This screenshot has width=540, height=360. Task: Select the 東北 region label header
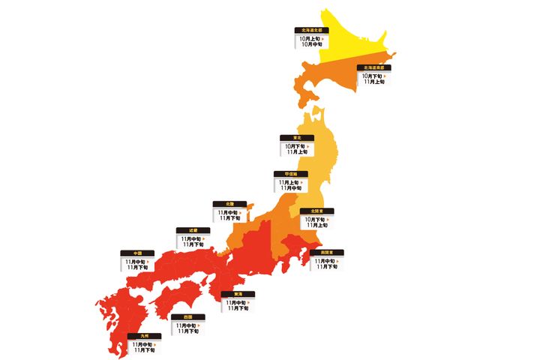pyautogui.click(x=298, y=137)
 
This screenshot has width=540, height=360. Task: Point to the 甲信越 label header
pyautogui.click(x=291, y=174)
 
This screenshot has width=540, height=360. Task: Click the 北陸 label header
pyautogui.click(x=229, y=203)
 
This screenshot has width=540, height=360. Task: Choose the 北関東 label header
pyautogui.click(x=316, y=211)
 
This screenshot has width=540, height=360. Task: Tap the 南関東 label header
pyautogui.click(x=327, y=253)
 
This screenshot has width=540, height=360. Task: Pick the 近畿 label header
pyautogui.click(x=193, y=230)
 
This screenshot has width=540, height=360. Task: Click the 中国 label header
pyautogui.click(x=137, y=253)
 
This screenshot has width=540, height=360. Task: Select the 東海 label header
pyautogui.click(x=237, y=294)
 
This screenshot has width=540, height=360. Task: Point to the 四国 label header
pyautogui.click(x=187, y=317)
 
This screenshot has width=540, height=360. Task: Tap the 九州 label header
pyautogui.click(x=143, y=336)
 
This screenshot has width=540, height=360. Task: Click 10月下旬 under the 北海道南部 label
pyautogui.click(x=371, y=75)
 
